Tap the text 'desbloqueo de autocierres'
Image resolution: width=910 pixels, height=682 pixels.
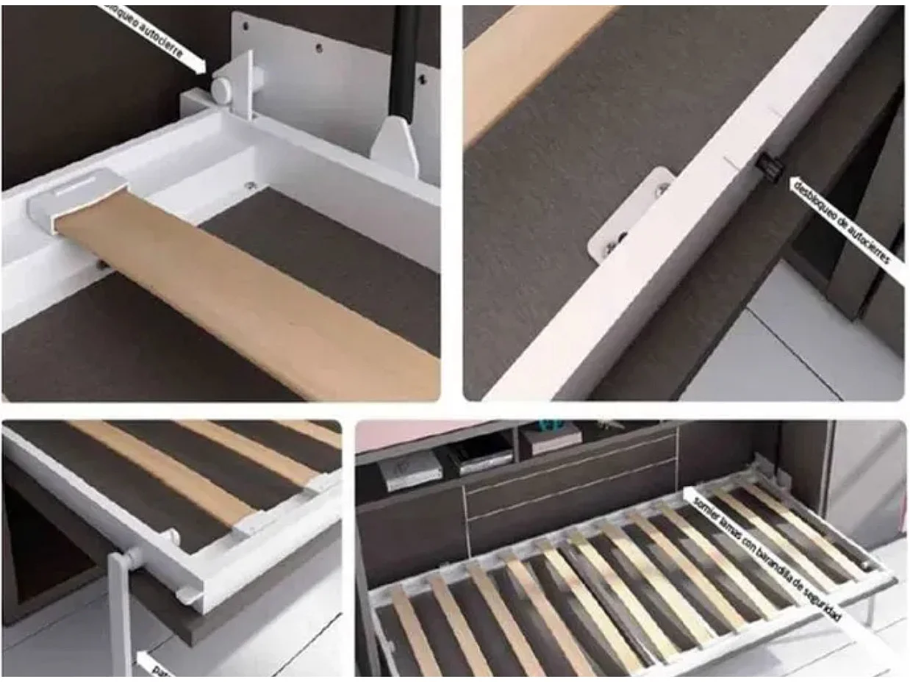click(x=842, y=221)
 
